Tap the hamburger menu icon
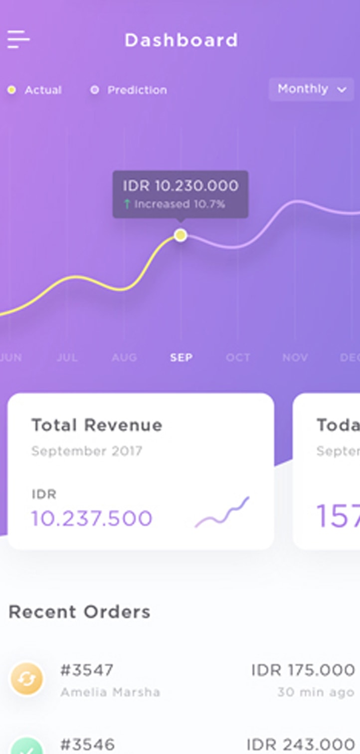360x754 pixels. click(18, 39)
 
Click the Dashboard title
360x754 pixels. click(181, 40)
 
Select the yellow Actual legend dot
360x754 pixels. click(12, 90)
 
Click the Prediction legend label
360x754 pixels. click(137, 90)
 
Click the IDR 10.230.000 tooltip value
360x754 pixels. click(180, 186)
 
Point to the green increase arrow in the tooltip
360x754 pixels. click(127, 204)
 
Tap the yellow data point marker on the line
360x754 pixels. click(180, 235)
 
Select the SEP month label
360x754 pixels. click(181, 358)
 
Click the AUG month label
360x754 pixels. click(124, 358)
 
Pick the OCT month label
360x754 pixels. click(238, 358)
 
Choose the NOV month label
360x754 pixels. click(295, 358)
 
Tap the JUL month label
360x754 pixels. click(67, 358)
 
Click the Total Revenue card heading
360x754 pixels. click(97, 425)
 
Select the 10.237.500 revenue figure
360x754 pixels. click(92, 518)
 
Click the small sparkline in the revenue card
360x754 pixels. click(222, 513)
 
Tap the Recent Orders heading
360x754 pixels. click(79, 612)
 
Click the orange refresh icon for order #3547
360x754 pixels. click(27, 679)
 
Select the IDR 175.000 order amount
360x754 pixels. click(303, 670)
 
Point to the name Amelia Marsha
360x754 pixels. click(110, 692)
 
